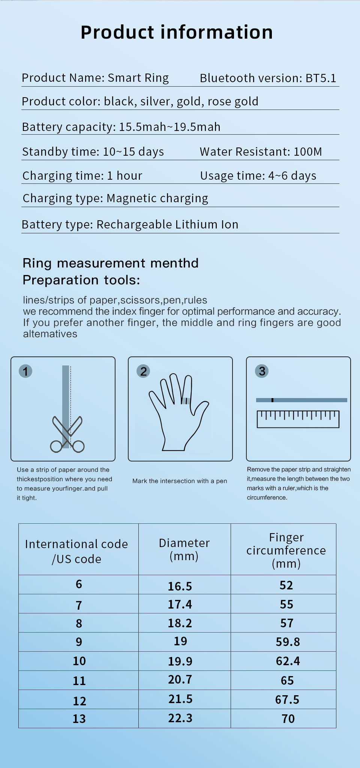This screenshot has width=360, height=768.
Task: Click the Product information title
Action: click(177, 32)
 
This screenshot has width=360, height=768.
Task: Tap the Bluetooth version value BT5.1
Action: click(321, 78)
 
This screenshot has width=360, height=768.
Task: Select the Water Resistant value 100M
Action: click(307, 152)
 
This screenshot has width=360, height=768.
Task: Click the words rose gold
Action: click(233, 101)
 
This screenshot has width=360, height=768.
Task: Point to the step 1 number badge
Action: click(25, 371)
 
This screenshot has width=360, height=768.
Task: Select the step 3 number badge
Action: click(262, 371)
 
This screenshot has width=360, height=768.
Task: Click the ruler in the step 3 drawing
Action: click(298, 419)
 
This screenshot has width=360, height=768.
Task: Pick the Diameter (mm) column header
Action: click(184, 549)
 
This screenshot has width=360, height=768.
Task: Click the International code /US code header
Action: click(76, 551)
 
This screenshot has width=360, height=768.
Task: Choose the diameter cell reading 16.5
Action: click(180, 586)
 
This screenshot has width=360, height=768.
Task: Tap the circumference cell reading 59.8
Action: click(288, 642)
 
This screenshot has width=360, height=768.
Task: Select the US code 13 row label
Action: click(79, 719)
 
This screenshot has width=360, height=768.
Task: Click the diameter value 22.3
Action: click(180, 718)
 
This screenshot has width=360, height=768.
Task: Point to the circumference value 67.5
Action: click(287, 699)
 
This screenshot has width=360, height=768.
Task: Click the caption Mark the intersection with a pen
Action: click(180, 481)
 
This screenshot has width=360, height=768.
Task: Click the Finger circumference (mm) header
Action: click(286, 550)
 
